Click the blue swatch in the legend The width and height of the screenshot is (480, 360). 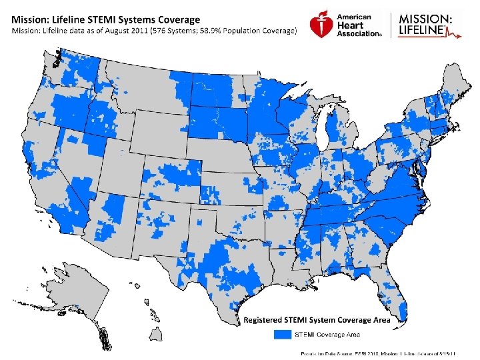283,333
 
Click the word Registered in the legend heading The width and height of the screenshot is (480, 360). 265,320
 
